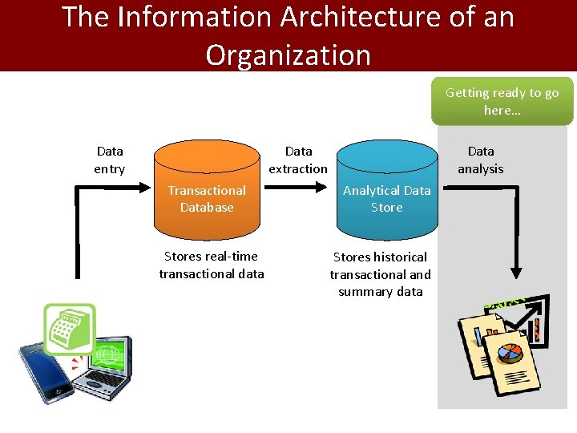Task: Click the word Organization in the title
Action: (288, 55)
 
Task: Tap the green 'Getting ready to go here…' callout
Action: (502, 101)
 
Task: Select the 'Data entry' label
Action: (110, 160)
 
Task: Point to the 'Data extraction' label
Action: (298, 160)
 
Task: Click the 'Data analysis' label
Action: (481, 160)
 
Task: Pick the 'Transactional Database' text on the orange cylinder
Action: (207, 199)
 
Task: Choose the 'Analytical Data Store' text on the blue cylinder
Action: (386, 199)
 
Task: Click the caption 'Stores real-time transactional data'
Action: (212, 265)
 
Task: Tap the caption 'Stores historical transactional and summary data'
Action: (381, 273)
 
